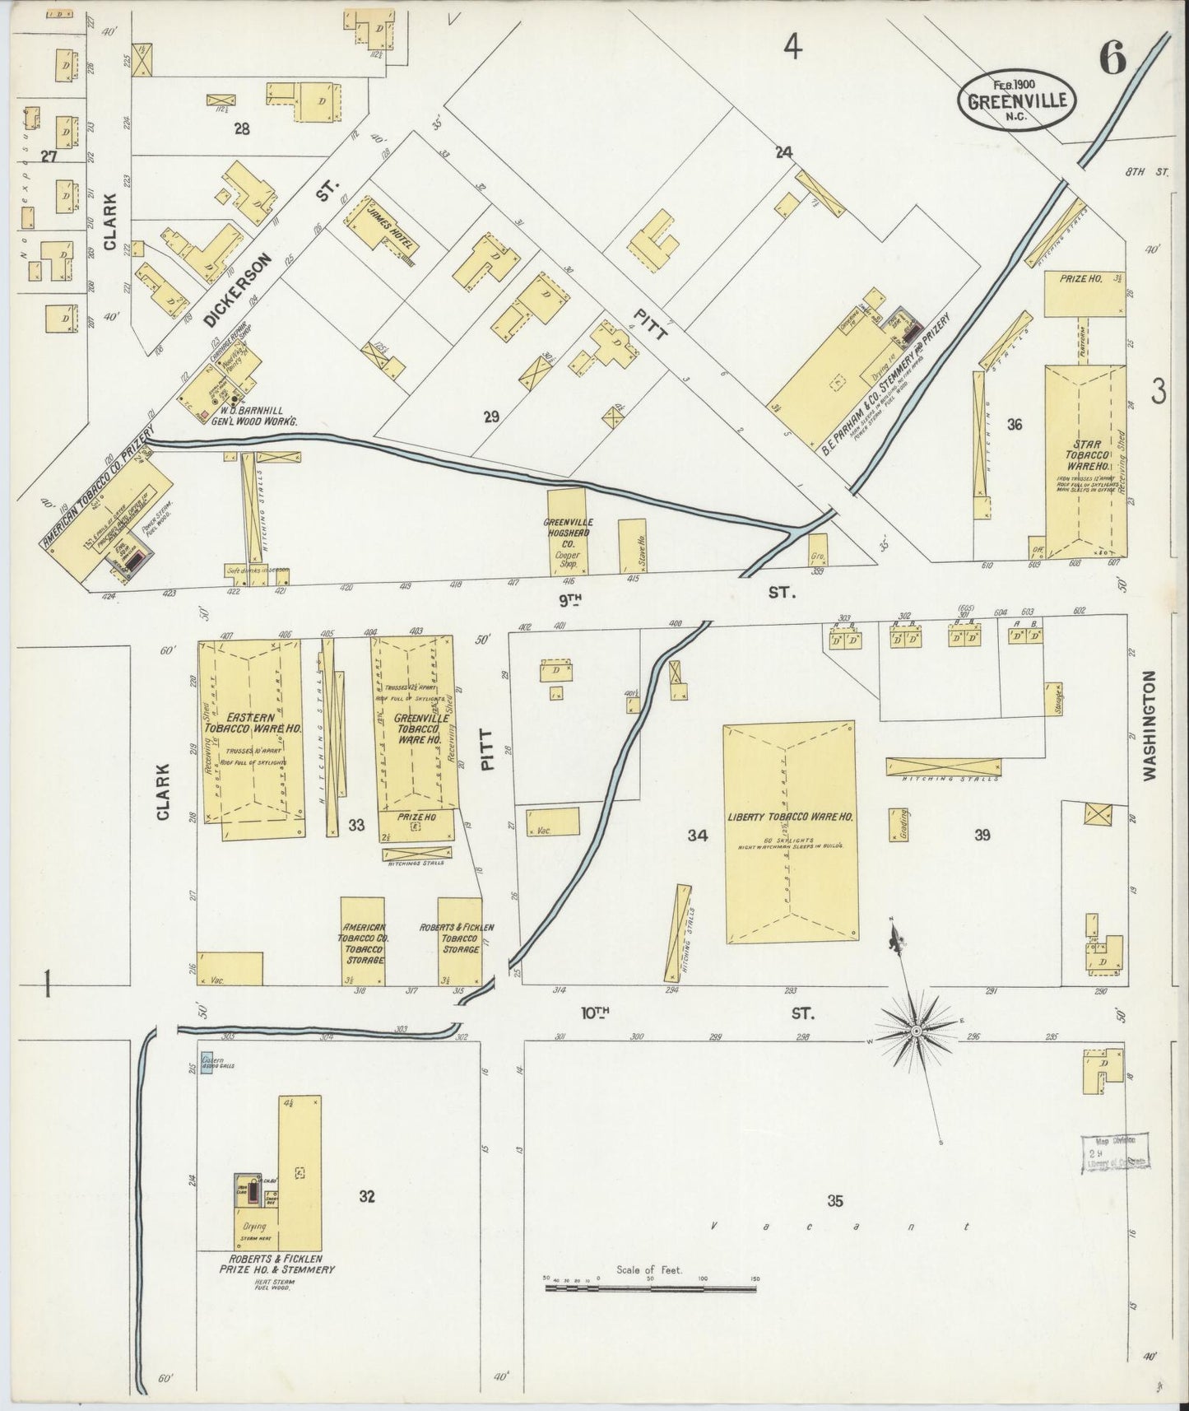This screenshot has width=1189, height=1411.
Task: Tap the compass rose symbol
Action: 916,1030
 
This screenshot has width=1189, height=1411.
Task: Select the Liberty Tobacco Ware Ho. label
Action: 790,817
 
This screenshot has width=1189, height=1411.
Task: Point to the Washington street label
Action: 1150,724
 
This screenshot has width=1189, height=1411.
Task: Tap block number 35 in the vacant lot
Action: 835,1201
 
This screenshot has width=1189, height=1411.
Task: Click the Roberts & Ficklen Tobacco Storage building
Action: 460,941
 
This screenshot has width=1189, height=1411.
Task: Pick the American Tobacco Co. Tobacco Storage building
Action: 363,941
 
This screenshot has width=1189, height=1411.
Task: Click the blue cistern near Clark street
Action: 207,1063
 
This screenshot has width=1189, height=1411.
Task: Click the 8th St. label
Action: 1149,172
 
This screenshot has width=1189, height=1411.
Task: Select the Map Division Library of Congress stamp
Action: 1115,1151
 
